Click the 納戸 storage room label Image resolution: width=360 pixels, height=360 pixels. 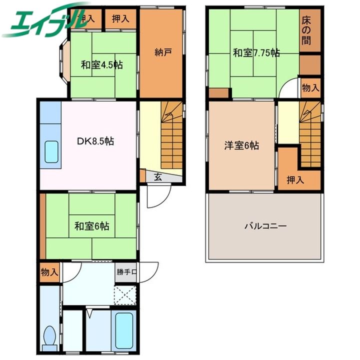(163, 52)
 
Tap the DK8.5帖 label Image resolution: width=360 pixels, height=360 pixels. (95, 141)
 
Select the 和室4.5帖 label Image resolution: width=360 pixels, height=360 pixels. (102, 65)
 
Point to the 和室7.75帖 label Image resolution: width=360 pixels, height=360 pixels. (256, 53)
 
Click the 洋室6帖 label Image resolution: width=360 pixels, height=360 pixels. (241, 145)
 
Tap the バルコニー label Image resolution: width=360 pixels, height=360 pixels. (265, 226)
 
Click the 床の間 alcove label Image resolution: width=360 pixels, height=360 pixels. (306, 31)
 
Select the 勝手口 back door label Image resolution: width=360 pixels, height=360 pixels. (126, 272)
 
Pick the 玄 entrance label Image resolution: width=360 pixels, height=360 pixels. (157, 176)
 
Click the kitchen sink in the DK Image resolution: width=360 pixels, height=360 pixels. (51, 152)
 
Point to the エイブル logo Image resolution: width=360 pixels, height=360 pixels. (46, 19)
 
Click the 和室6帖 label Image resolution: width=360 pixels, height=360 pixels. (92, 226)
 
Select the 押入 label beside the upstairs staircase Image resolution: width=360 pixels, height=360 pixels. (295, 180)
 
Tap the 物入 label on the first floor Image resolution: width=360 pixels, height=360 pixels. (49, 272)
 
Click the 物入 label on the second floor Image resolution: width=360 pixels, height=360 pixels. (310, 87)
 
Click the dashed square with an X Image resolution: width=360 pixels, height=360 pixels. (125, 295)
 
